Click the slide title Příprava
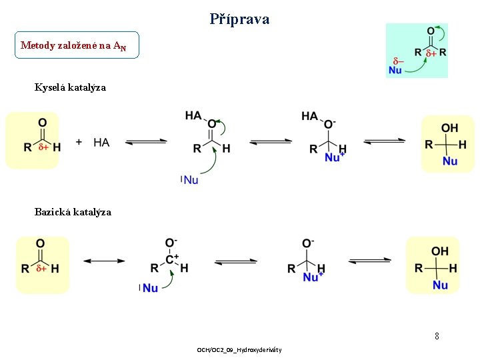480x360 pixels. coord(239,19)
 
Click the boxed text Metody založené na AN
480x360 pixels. coord(73,45)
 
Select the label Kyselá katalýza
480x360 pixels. coord(70,87)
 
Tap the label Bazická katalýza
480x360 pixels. coord(73,212)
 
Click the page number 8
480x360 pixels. coord(437,336)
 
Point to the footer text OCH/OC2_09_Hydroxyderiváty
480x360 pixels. coord(239,350)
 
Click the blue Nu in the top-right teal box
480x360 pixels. coord(395,69)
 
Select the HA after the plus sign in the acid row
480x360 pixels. coord(101,142)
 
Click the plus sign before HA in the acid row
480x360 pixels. coord(79,142)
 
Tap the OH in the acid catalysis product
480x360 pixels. coord(449,128)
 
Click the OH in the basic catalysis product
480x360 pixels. coord(440,251)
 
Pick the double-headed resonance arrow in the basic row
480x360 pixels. coord(104,261)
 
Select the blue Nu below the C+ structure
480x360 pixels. coord(150,287)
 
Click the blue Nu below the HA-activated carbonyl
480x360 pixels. coord(191,179)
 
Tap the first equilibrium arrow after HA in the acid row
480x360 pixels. coord(146,141)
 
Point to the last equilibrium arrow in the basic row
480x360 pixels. coord(369,260)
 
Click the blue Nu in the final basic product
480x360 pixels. coord(440,285)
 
